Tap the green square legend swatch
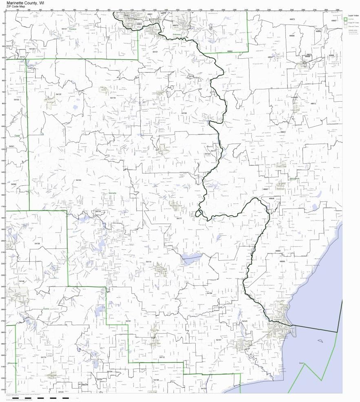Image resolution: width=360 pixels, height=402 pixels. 345,19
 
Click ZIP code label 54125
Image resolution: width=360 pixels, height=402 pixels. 58,94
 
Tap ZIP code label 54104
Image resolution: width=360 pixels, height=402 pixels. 79,180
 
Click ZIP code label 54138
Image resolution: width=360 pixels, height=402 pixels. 37,244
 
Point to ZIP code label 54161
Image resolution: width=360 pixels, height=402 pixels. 128,321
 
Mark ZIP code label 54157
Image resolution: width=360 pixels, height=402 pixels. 218,340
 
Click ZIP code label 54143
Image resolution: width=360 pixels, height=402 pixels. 245,322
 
